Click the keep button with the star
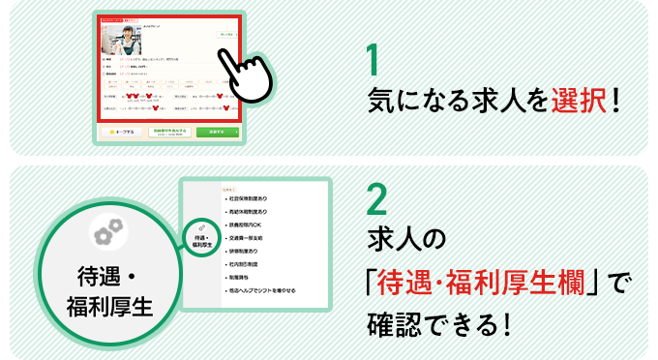(x=124, y=131)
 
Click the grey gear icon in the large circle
(x=108, y=231)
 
